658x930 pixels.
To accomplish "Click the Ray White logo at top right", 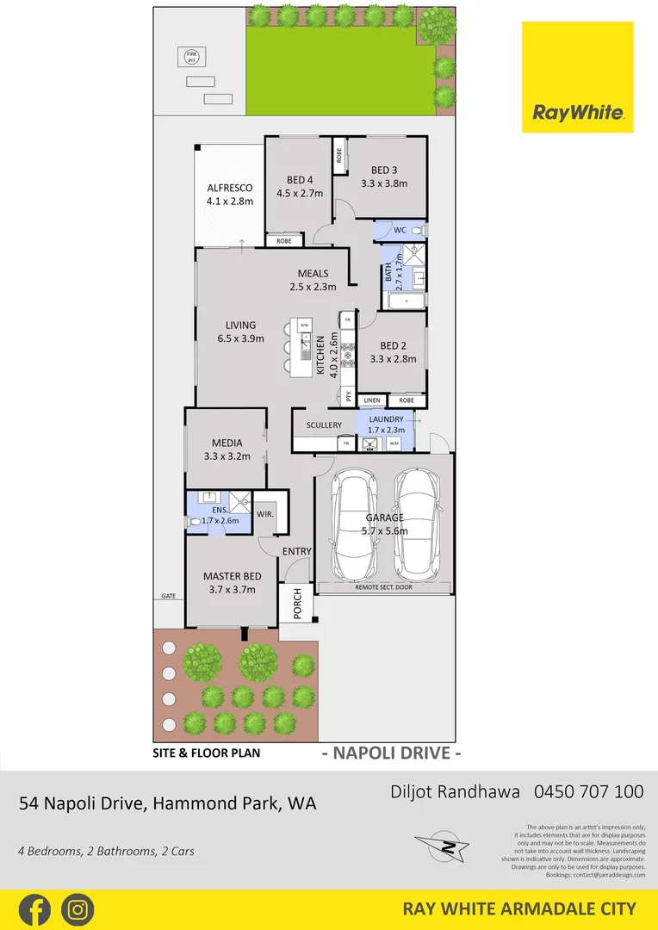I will tap(577, 77).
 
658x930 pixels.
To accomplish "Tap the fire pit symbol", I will tap(191, 57).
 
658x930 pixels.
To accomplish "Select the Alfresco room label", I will tap(229, 188).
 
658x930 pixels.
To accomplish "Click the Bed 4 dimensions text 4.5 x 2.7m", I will tap(299, 193).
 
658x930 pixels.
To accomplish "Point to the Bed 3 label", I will tap(384, 170).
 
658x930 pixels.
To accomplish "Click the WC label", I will tap(400, 230).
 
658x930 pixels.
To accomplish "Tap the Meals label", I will tap(313, 273).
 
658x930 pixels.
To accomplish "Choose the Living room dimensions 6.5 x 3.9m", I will tap(241, 339).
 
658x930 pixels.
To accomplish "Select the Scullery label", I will tap(324, 425).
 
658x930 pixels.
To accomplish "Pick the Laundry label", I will tap(386, 419).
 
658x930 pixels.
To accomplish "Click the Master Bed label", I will tap(233, 576).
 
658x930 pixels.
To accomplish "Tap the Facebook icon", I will tap(34, 909).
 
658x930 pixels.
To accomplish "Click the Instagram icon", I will tap(78, 909).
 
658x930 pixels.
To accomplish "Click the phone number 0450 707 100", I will tap(588, 790).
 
